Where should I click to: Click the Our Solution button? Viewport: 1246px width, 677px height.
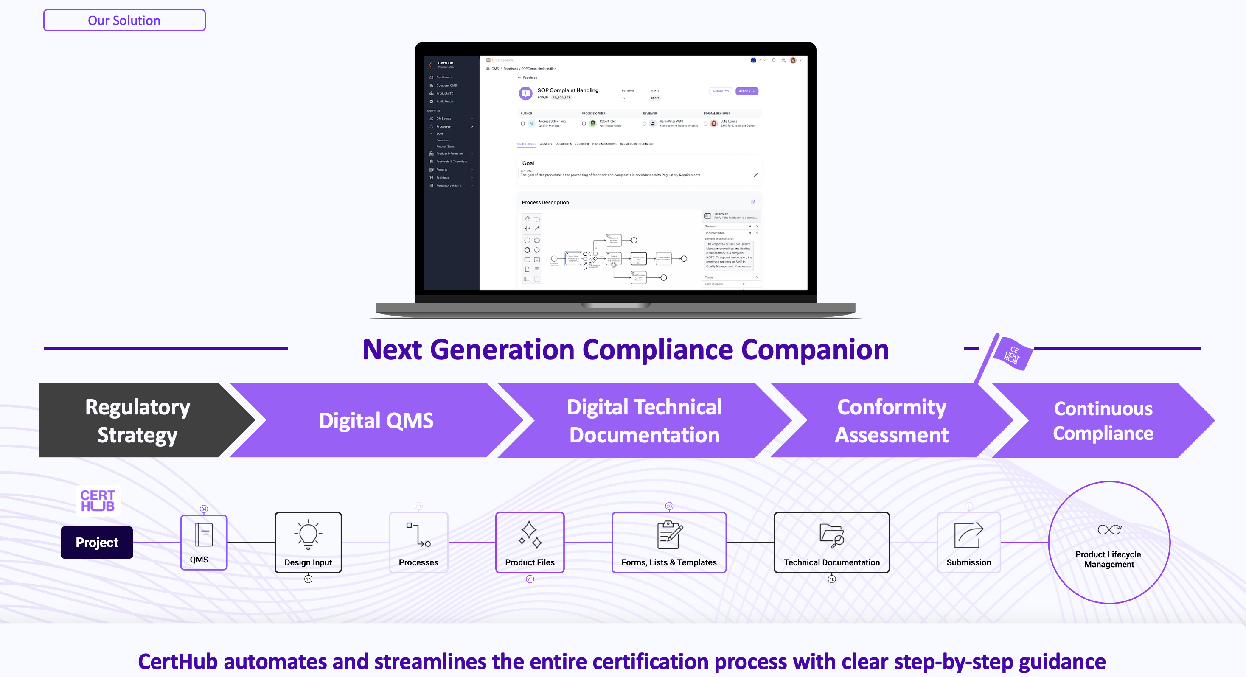(124, 20)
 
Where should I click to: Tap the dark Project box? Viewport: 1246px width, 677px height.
(97, 543)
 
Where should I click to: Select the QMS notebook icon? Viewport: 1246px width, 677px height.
(204, 535)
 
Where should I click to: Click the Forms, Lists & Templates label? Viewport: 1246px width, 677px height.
(669, 562)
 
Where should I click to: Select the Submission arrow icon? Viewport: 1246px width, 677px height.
(968, 535)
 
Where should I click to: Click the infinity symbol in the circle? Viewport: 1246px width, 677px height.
(1109, 529)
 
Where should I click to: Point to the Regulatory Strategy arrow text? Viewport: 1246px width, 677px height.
(138, 421)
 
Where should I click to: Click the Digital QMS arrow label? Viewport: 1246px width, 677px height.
(376, 421)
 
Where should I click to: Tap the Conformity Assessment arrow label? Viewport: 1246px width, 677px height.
(892, 421)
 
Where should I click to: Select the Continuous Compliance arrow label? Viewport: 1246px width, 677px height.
(1103, 421)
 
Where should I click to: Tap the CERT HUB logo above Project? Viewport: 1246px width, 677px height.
(98, 501)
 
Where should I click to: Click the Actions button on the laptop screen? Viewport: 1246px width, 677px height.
(746, 91)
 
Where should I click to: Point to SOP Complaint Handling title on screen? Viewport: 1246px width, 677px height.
(568, 90)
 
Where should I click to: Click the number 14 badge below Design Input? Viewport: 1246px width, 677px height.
(308, 579)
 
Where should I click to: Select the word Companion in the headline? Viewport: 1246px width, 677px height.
(815, 350)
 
